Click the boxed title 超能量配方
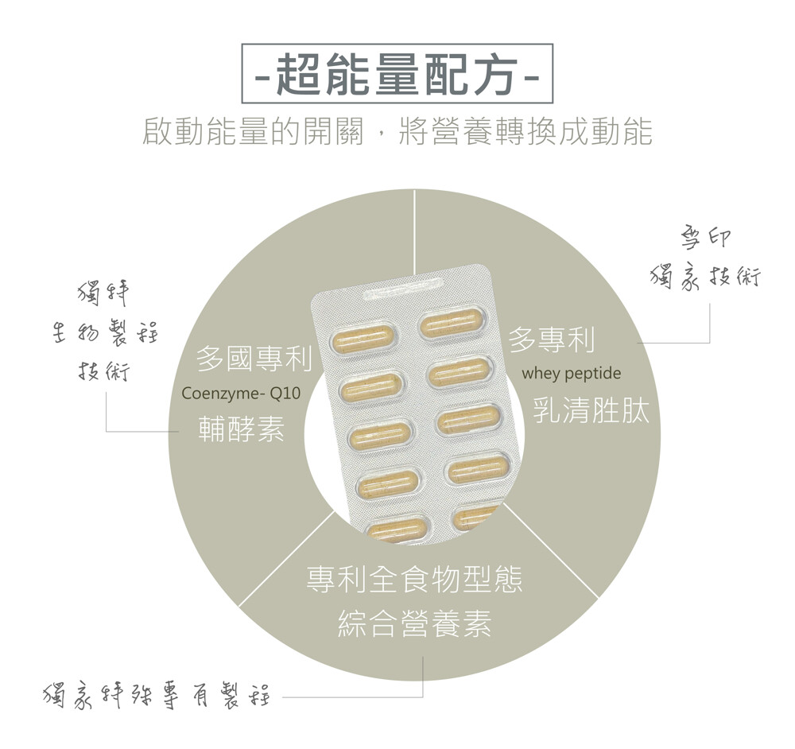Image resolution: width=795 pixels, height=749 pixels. pyautogui.click(x=397, y=74)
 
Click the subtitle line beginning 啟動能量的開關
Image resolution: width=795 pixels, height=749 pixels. pyautogui.click(x=397, y=131)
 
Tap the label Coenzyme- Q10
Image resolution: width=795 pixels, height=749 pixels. pyautogui.click(x=241, y=394)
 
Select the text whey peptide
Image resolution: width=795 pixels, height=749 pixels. pyautogui.click(x=572, y=374)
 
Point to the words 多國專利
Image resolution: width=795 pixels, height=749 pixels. pyautogui.click(x=254, y=359)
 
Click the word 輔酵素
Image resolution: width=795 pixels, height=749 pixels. pyautogui.click(x=242, y=429)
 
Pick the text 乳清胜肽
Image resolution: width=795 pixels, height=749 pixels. pyautogui.click(x=591, y=409)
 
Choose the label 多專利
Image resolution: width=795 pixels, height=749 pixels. pyautogui.click(x=552, y=340)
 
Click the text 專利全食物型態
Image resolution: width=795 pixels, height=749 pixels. pyautogui.click(x=414, y=580)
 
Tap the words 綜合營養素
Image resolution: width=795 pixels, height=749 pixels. pyautogui.click(x=414, y=623)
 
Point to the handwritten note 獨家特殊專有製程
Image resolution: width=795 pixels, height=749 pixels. pyautogui.click(x=157, y=696)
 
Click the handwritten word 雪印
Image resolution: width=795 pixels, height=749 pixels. pyautogui.click(x=706, y=239)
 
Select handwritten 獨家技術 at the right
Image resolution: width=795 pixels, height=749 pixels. pyautogui.click(x=705, y=278)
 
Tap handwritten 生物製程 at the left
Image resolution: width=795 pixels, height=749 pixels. pyautogui.click(x=105, y=333)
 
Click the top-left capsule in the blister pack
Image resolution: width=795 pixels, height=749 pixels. pyautogui.click(x=362, y=336)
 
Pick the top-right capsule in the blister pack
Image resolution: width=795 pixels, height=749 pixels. pyautogui.click(x=452, y=324)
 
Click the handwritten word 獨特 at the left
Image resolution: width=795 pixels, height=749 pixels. pyautogui.click(x=103, y=295)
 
